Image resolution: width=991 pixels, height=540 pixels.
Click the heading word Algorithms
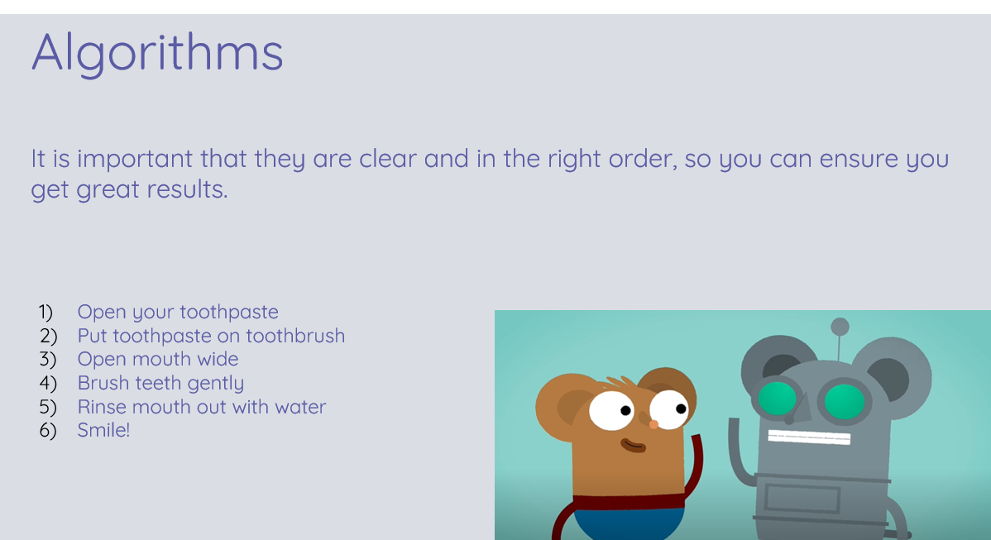click(x=157, y=53)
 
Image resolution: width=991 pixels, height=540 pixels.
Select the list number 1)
click(x=45, y=312)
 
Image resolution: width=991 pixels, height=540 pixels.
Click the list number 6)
click(x=48, y=430)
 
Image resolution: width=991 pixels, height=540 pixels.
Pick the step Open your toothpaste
click(x=178, y=312)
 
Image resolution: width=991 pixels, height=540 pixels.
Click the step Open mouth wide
click(x=158, y=360)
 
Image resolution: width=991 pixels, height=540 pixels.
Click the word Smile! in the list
click(x=103, y=430)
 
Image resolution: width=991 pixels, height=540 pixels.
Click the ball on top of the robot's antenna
click(x=840, y=327)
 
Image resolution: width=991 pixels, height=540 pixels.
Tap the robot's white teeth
click(x=809, y=437)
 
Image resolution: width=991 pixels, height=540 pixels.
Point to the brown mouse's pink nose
click(x=653, y=424)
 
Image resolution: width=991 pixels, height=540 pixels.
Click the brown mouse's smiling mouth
click(x=633, y=445)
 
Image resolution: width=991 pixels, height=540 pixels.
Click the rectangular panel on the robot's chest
click(x=802, y=499)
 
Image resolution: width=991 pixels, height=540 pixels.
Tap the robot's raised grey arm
click(x=740, y=452)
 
